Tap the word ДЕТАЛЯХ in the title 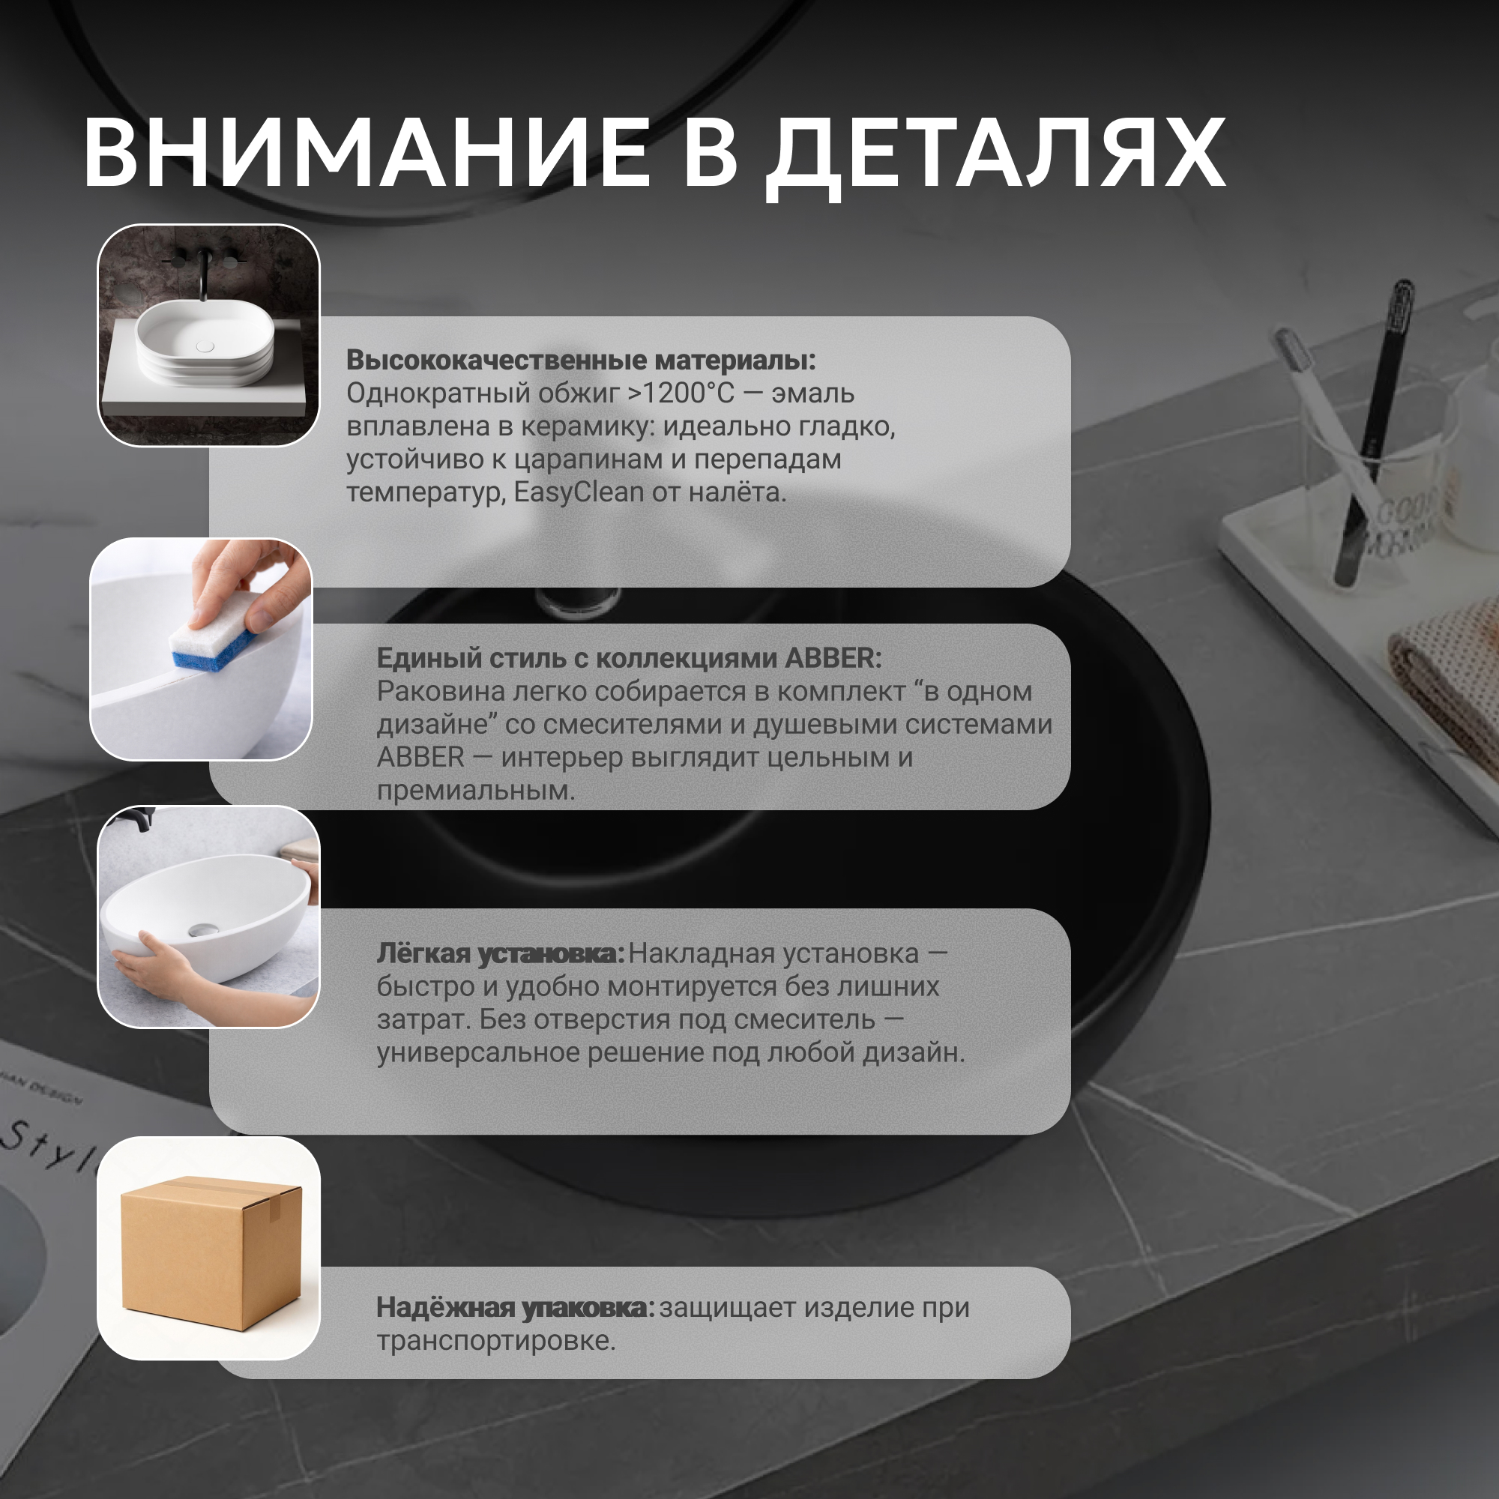[x=996, y=157]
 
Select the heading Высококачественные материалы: [x=581, y=360]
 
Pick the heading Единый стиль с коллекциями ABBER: [x=630, y=658]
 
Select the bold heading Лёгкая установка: [x=501, y=954]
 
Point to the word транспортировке [x=495, y=1341]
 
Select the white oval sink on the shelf [x=205, y=343]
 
